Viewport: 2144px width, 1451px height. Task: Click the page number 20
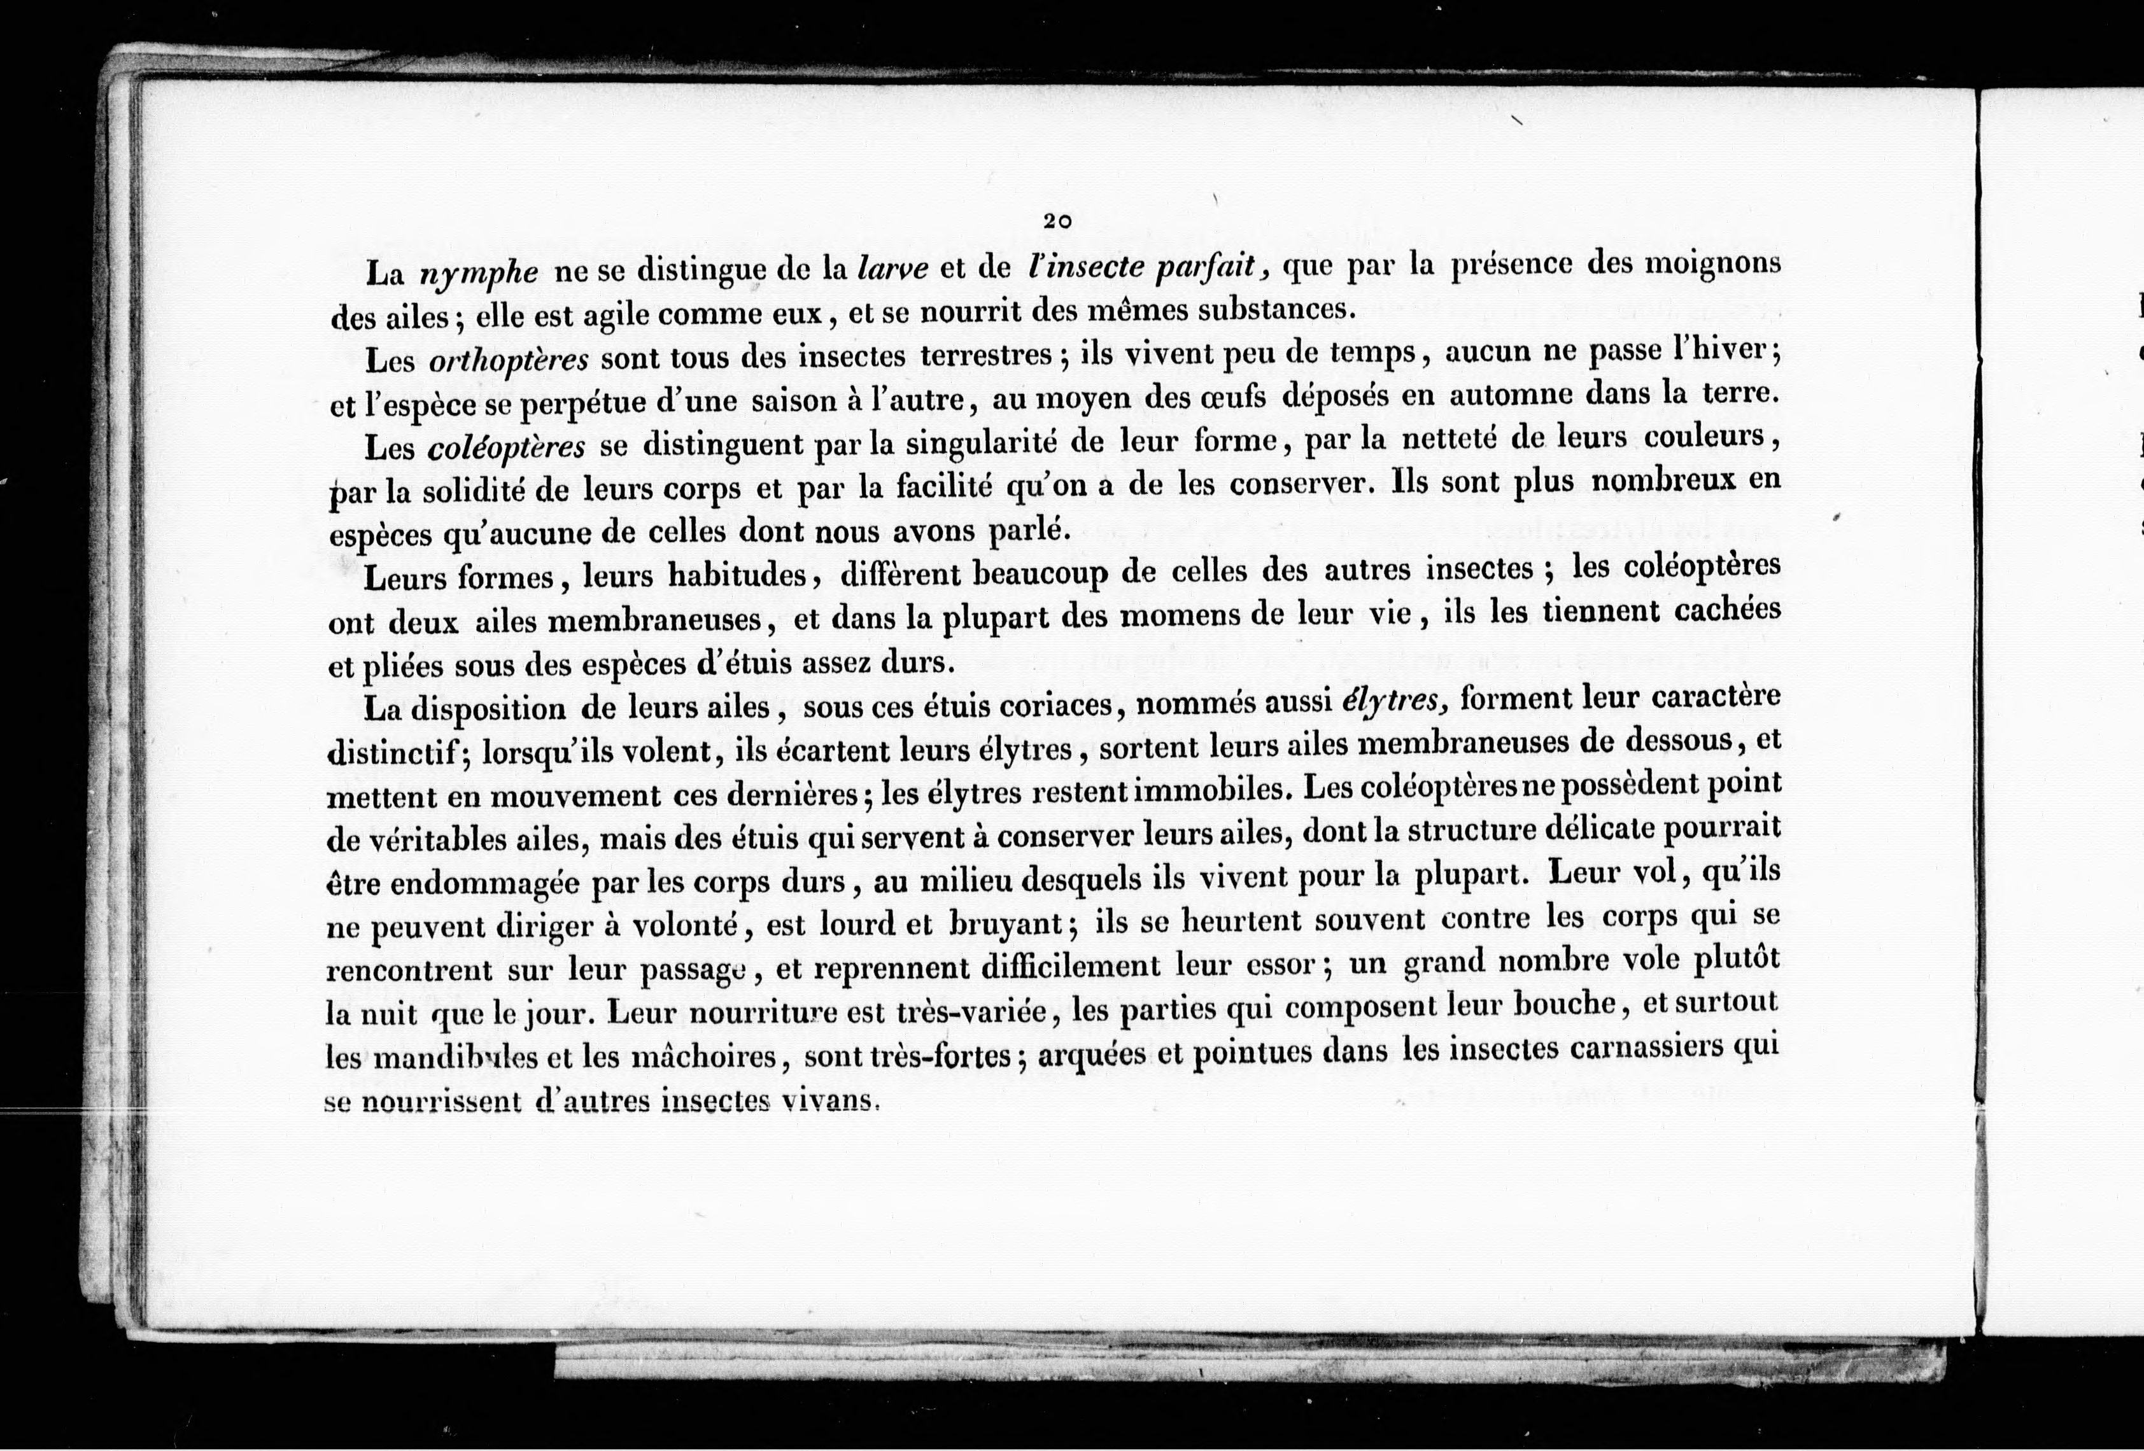pyautogui.click(x=1057, y=221)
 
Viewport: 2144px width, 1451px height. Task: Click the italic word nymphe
pyautogui.click(x=478, y=274)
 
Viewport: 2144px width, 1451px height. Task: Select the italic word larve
pyautogui.click(x=892, y=269)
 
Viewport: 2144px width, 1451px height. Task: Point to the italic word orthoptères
pyautogui.click(x=509, y=360)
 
